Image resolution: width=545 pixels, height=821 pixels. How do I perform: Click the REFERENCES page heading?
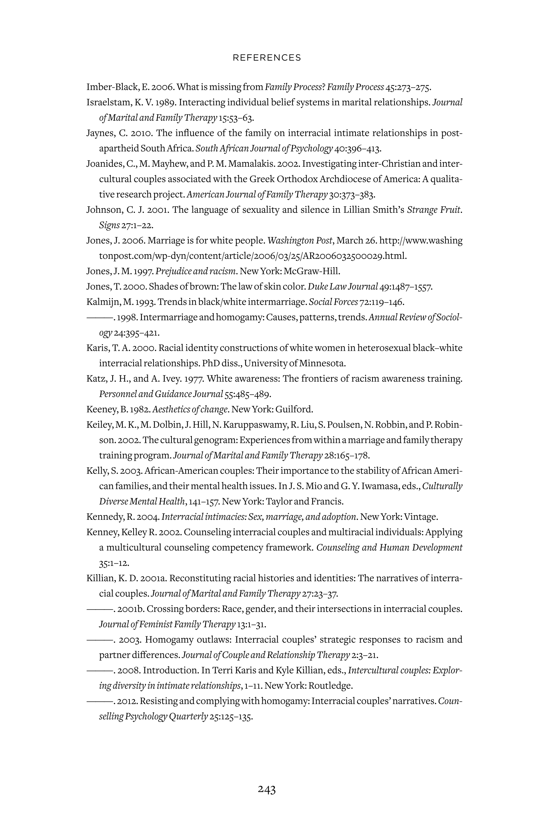pos(267,58)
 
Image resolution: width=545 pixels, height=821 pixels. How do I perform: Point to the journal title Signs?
pos(109,225)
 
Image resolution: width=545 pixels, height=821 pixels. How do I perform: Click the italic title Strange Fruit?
pos(434,210)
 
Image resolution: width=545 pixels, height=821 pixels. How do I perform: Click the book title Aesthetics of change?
pos(190,409)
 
